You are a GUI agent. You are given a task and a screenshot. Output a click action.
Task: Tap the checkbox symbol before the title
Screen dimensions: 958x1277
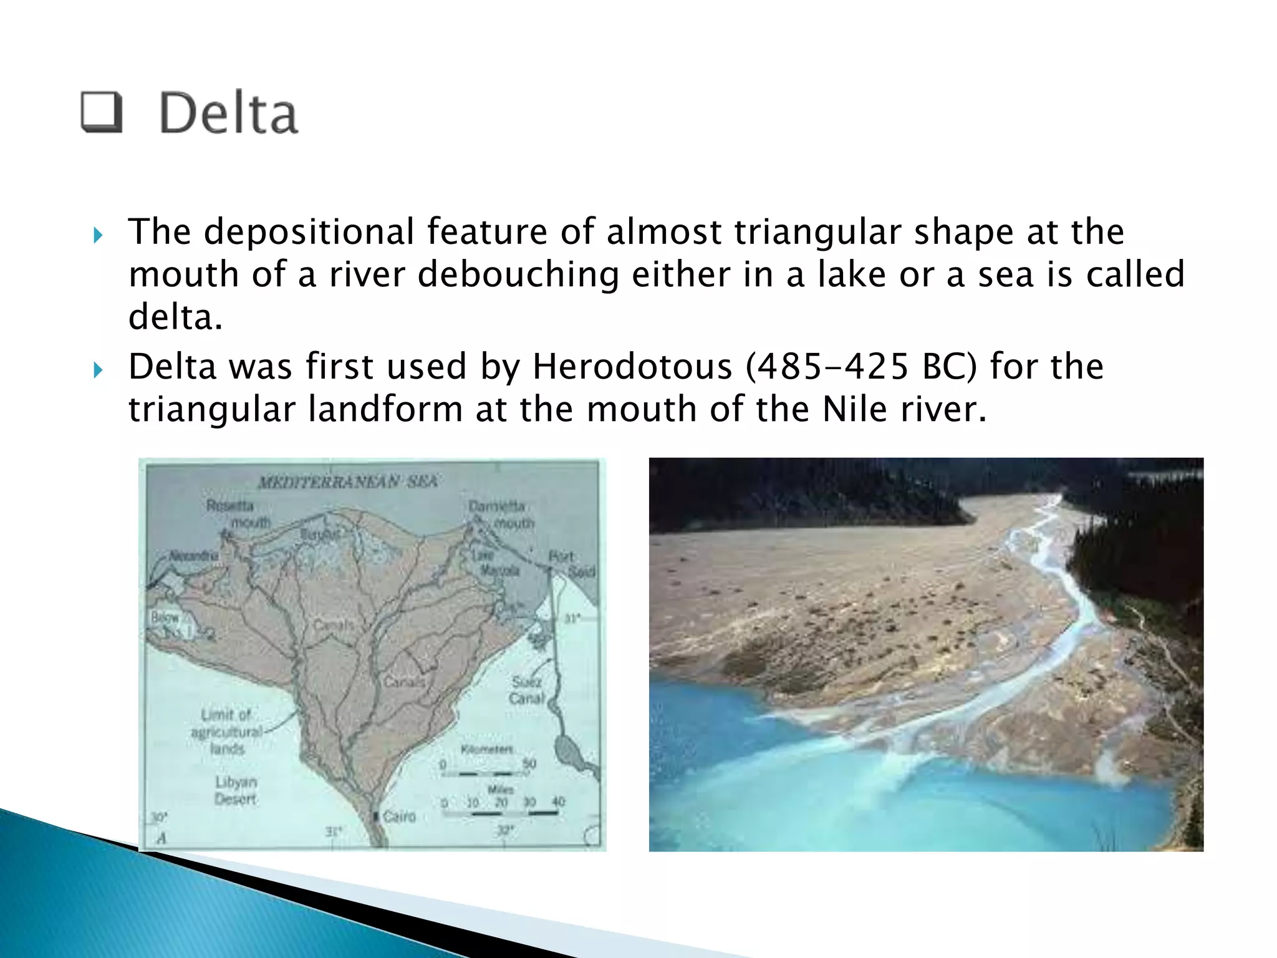tap(101, 112)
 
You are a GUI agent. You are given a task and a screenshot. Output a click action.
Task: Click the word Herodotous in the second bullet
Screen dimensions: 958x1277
tap(632, 366)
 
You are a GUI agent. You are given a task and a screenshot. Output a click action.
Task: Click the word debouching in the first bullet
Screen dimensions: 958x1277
tap(518, 274)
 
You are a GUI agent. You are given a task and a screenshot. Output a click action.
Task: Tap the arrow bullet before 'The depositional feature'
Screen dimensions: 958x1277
tap(97, 235)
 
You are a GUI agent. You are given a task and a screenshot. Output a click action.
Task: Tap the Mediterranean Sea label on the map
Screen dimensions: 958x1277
tap(348, 481)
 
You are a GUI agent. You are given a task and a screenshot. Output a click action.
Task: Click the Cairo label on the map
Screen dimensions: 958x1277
tap(399, 816)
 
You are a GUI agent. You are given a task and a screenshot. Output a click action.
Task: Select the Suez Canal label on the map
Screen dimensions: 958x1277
tap(528, 690)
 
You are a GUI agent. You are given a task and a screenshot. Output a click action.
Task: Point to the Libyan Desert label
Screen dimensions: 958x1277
tap(236, 790)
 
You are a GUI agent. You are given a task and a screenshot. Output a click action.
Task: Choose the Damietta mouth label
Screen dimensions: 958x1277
tap(501, 514)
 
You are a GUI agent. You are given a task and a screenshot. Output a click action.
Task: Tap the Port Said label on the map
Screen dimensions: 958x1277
tap(571, 564)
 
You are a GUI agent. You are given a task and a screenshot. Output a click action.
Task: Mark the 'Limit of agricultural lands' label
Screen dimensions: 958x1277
tap(226, 731)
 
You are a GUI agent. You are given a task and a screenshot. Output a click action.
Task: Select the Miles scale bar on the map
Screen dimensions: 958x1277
tap(500, 813)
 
